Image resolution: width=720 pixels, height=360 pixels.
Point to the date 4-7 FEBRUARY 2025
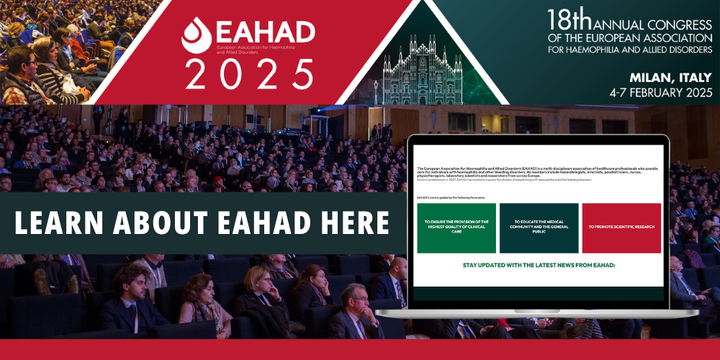(660, 92)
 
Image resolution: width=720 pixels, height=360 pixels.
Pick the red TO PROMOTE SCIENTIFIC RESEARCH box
(621, 227)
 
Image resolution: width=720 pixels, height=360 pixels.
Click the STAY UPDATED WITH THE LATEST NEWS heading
(539, 265)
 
